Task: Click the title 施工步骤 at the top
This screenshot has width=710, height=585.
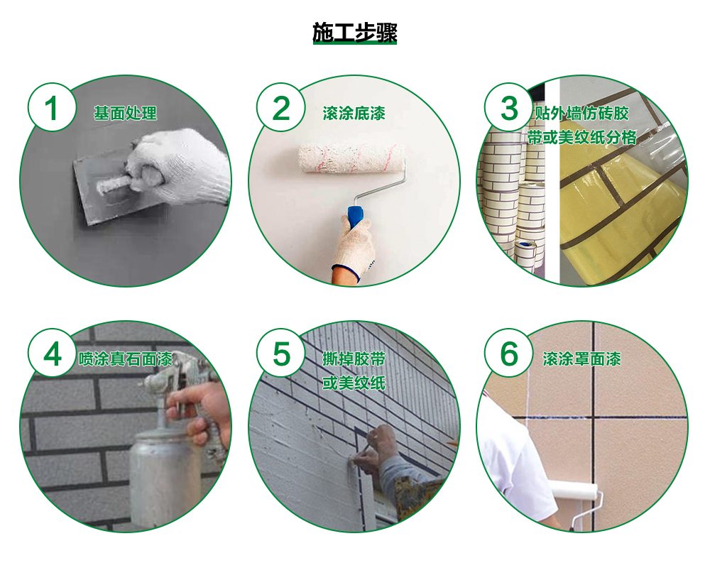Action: click(354, 33)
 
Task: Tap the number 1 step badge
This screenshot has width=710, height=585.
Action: click(52, 108)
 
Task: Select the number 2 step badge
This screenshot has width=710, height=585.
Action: click(280, 108)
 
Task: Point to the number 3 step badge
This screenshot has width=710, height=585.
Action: click(509, 108)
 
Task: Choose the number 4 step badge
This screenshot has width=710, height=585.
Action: click(52, 354)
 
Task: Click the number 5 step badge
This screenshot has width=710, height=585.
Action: click(280, 354)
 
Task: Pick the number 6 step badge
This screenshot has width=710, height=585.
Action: click(509, 354)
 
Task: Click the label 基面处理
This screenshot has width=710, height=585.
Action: click(125, 113)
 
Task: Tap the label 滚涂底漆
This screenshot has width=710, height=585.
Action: click(354, 113)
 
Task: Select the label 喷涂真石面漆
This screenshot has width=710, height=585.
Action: click(126, 359)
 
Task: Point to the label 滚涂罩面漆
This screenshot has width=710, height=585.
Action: click(582, 359)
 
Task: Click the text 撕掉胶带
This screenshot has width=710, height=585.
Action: click(354, 359)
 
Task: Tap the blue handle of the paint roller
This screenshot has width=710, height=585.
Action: click(356, 219)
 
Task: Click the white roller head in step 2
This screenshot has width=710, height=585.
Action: click(351, 159)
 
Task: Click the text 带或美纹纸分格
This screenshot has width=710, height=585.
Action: click(582, 137)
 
